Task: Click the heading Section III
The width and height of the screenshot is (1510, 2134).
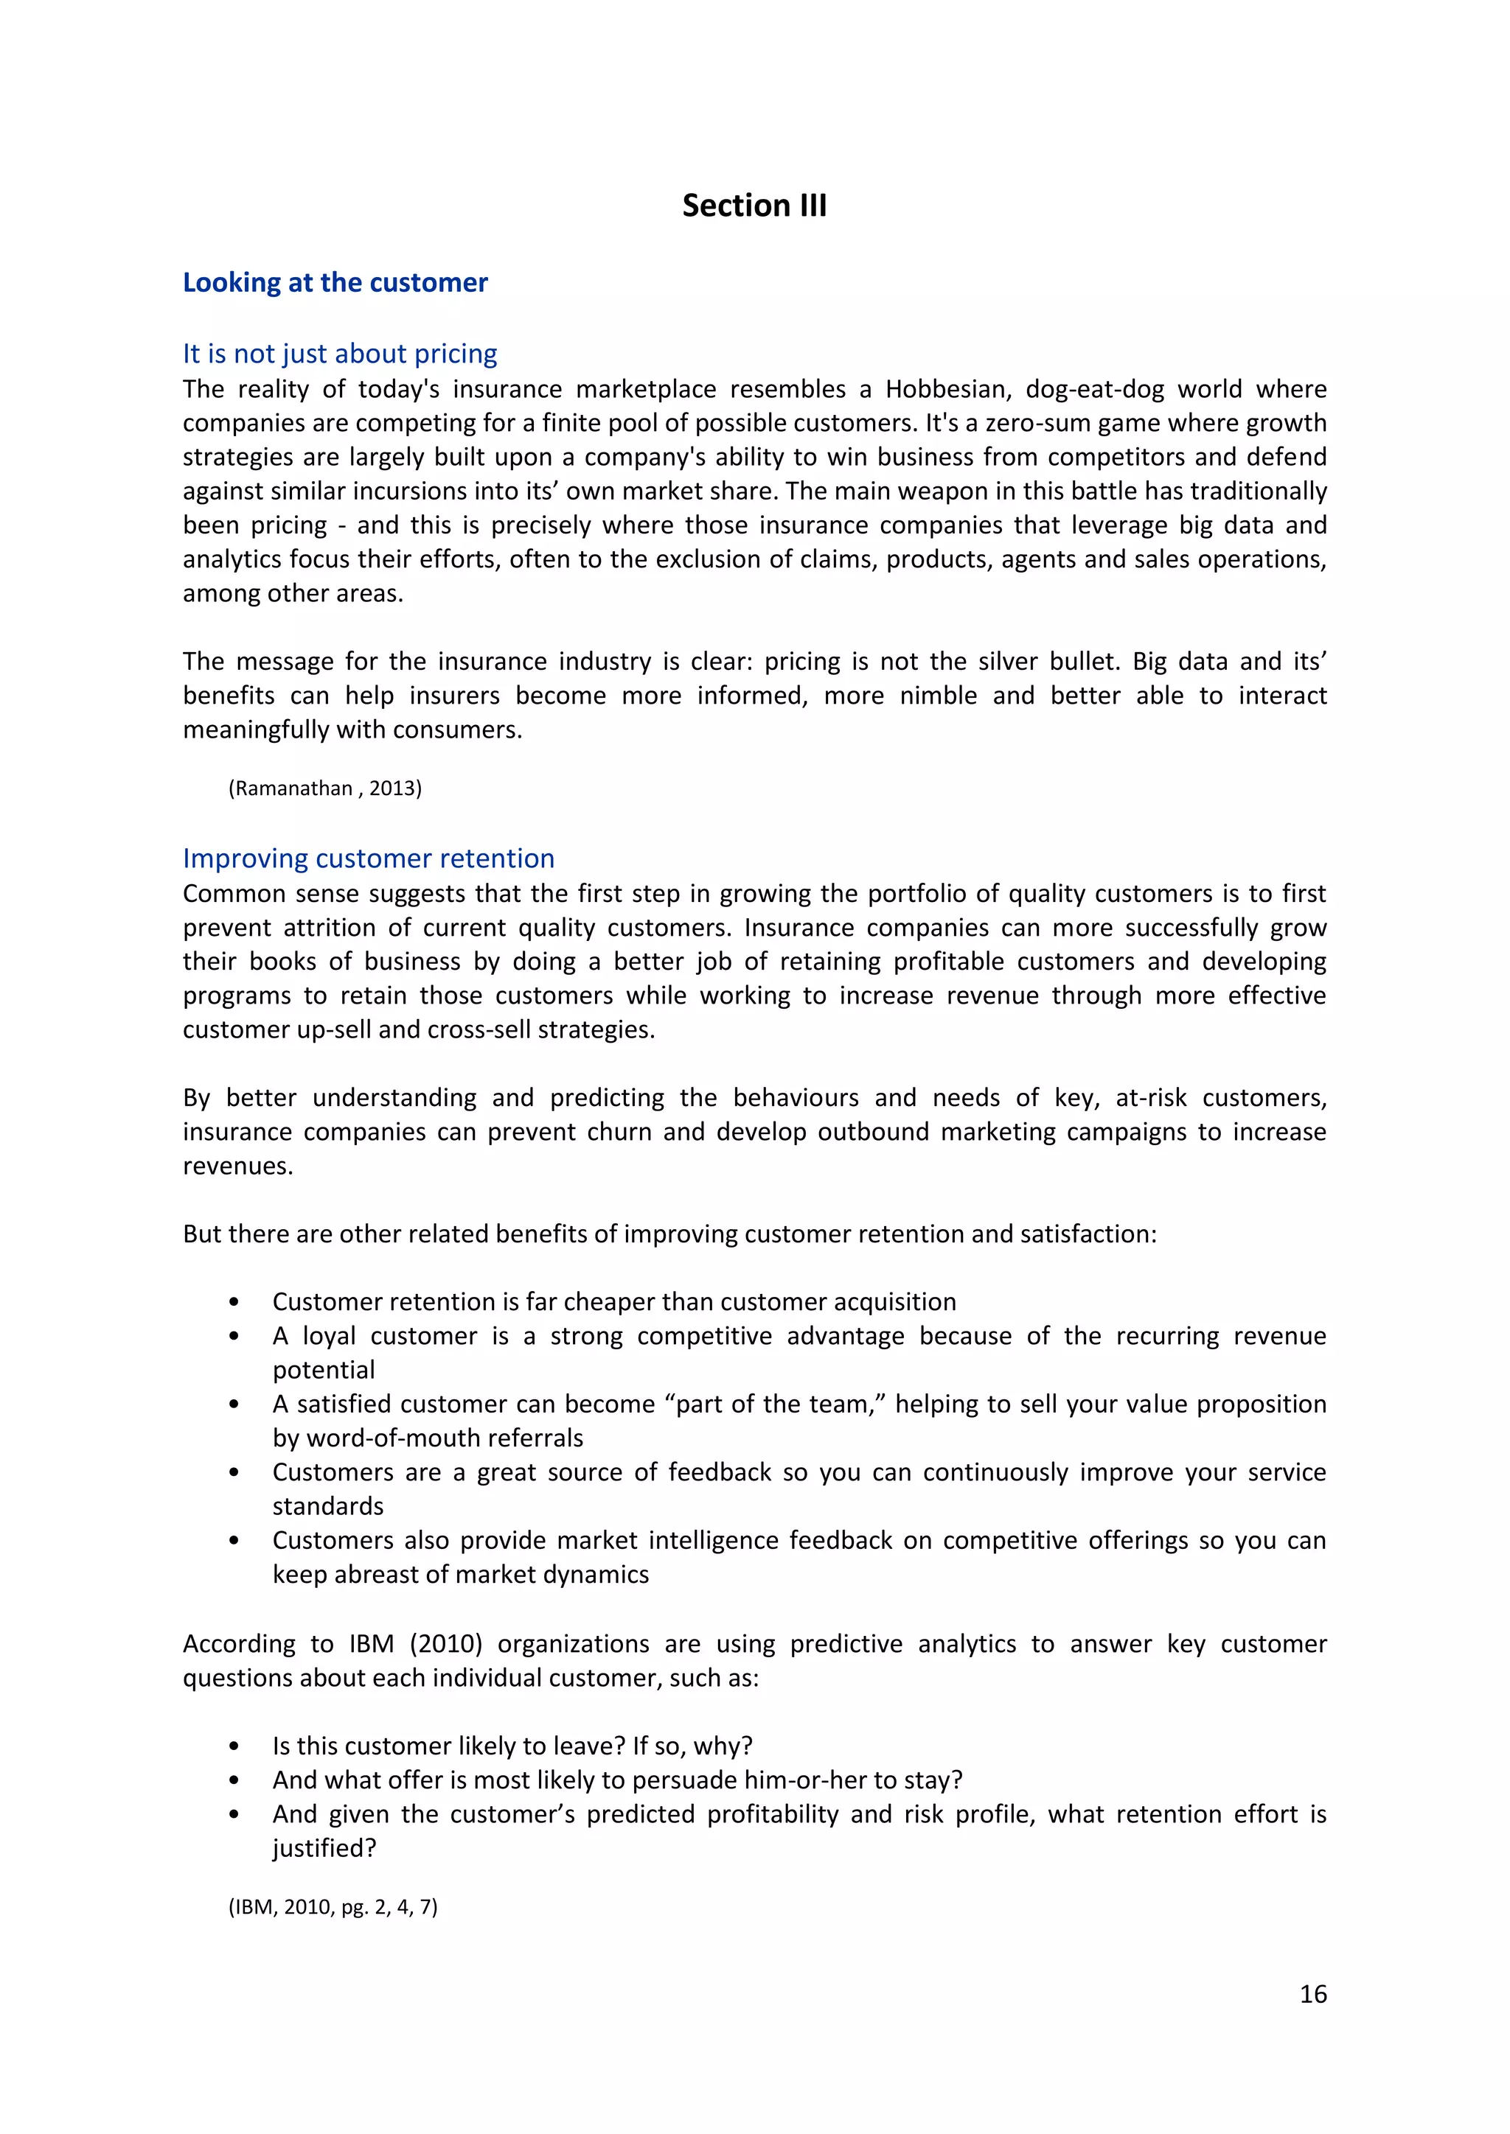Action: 754,206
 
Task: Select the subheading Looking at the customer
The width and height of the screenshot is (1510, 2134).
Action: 335,282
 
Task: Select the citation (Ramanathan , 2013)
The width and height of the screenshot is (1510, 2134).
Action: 324,789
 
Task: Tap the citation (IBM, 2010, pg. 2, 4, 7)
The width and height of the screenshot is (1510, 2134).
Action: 333,1907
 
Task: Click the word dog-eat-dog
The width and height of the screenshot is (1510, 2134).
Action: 1094,389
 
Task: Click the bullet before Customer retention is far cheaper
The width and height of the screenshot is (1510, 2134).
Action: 234,1303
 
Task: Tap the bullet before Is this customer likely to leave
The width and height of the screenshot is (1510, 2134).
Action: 234,1747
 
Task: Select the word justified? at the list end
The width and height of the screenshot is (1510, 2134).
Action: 324,1849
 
